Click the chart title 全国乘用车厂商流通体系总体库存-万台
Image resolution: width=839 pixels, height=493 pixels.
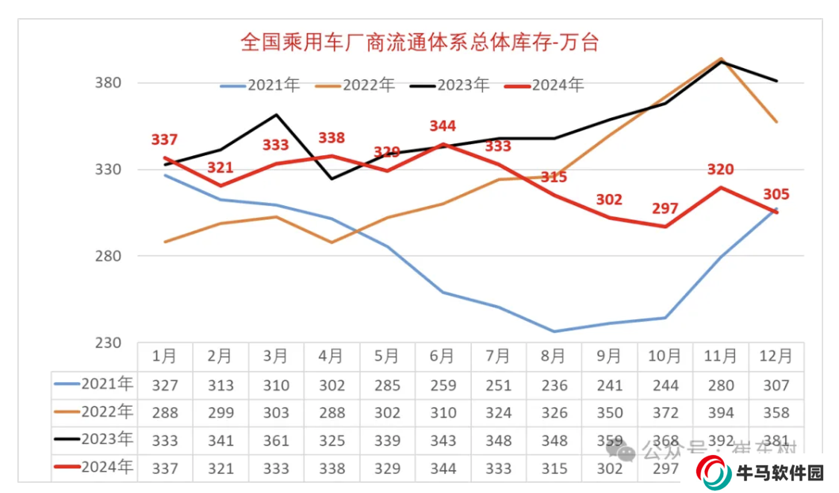419,42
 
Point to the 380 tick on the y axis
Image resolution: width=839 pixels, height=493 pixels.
107,83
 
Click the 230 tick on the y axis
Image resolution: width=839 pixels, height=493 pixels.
107,343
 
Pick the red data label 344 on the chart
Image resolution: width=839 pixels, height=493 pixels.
442,126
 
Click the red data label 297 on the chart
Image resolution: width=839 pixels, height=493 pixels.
665,208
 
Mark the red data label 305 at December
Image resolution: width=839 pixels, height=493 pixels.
776,195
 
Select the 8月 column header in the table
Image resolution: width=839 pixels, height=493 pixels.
554,357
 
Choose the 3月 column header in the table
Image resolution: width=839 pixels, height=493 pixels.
275,357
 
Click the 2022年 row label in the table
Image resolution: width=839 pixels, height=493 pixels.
94,412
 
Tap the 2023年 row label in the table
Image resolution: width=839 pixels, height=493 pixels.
94,440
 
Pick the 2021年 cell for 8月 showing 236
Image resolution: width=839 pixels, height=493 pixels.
554,385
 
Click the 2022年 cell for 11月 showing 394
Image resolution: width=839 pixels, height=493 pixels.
721,413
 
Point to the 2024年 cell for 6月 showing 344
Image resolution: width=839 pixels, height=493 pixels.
442,468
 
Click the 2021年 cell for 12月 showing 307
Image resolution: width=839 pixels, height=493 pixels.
776,385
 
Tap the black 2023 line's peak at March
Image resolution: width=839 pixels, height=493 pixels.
275,115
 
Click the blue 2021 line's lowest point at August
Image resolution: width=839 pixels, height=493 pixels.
554,331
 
